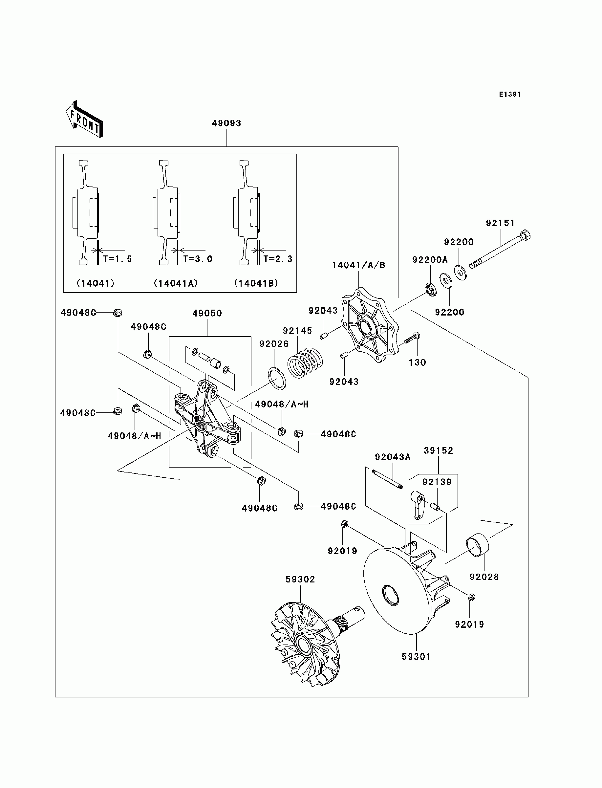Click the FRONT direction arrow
tap(84, 119)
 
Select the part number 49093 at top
tap(226, 123)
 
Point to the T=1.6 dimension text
tap(117, 258)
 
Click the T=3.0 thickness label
tap(198, 258)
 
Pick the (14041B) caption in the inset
tap(256, 283)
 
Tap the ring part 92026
tap(277, 379)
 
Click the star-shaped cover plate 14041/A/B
tap(370, 325)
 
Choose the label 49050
tap(207, 313)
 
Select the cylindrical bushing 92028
tap(478, 545)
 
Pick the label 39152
tap(439, 450)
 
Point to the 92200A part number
tap(430, 260)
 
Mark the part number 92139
tap(437, 482)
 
